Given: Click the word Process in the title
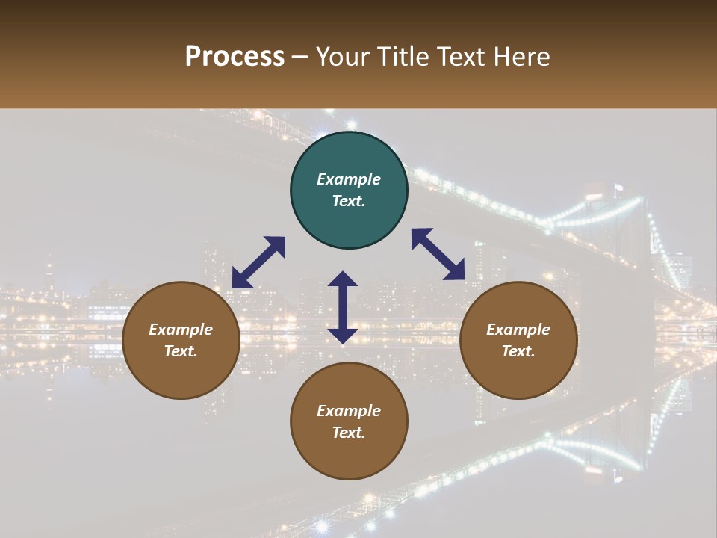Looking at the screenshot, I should click(x=235, y=57).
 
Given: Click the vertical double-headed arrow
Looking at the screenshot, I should click(x=343, y=307).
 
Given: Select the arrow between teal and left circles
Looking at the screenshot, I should click(x=258, y=262).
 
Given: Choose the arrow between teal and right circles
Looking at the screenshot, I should click(x=438, y=254).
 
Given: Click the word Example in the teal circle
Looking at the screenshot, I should click(x=349, y=179).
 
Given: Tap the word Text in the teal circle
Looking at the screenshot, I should click(x=349, y=201).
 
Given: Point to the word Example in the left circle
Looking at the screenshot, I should click(x=181, y=330).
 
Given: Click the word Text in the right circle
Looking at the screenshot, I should click(x=518, y=351).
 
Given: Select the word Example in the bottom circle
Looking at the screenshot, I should click(x=349, y=411).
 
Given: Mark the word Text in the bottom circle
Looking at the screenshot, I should click(x=349, y=433).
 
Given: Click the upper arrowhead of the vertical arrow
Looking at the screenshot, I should click(x=343, y=279).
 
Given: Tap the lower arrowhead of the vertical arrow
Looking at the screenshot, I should click(x=343, y=336).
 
